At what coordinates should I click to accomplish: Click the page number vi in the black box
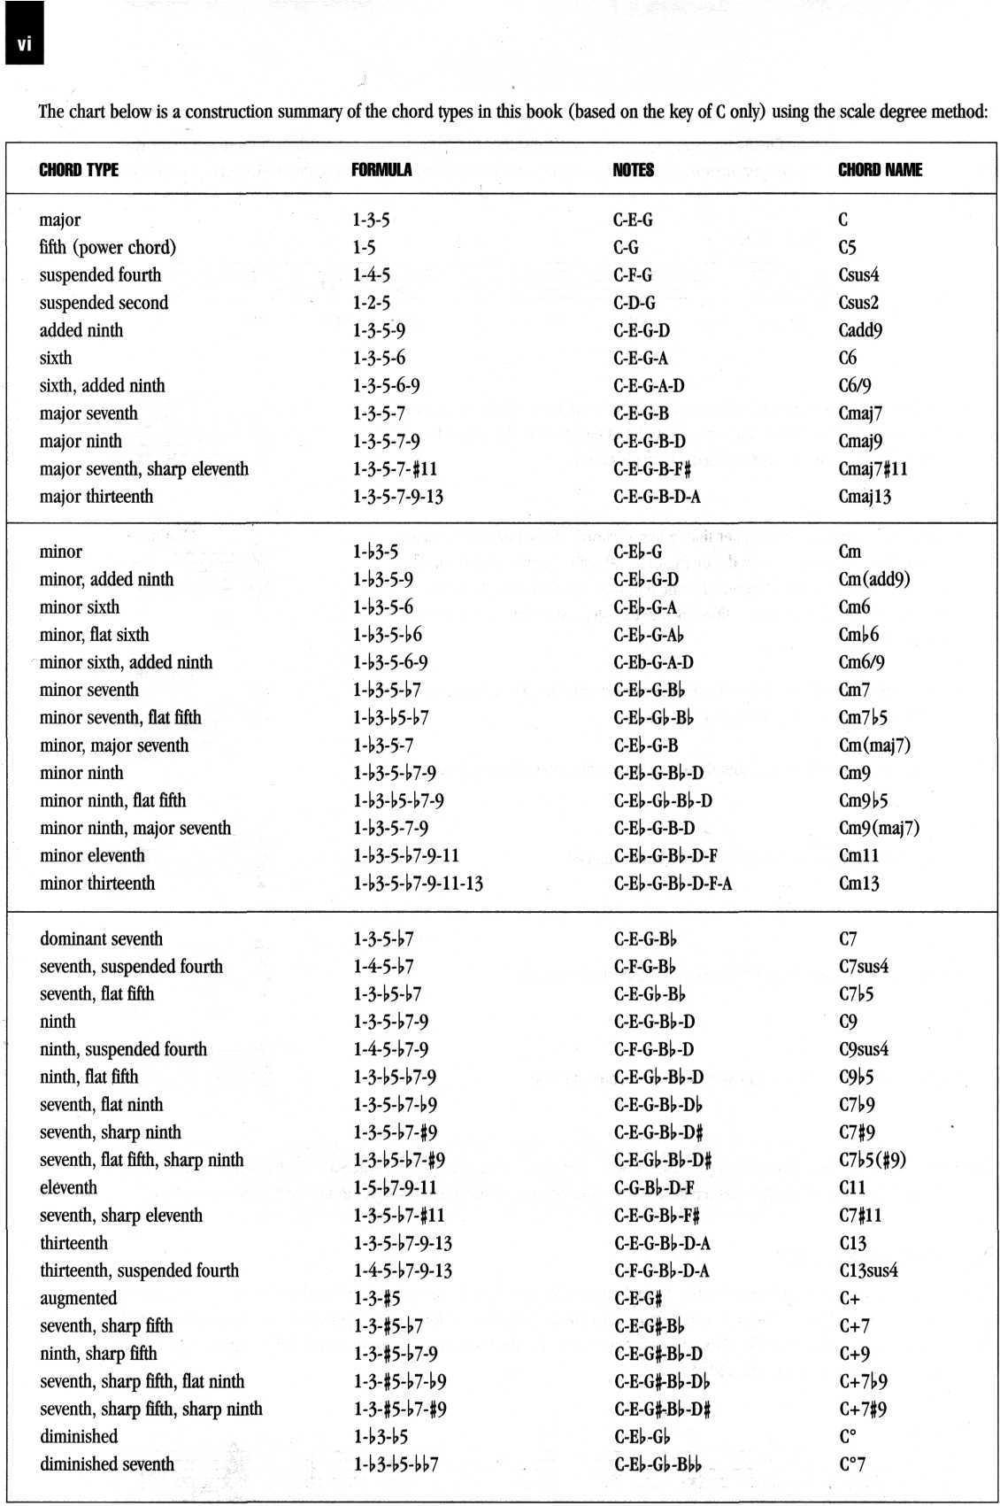[24, 45]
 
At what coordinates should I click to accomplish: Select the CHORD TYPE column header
[79, 170]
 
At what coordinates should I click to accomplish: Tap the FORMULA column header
[381, 170]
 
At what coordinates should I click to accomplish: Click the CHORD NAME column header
[880, 170]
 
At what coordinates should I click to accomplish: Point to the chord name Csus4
[858, 275]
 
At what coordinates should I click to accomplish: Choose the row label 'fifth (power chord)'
[107, 248]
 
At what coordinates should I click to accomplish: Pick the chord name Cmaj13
[865, 497]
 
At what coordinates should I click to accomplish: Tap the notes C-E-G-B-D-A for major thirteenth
[657, 497]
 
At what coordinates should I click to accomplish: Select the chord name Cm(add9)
[874, 580]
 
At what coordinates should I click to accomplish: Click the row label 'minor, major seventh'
[114, 745]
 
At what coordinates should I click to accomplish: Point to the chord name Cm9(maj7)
[879, 829]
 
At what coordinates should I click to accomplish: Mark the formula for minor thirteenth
[418, 884]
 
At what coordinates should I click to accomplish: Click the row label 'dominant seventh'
[101, 939]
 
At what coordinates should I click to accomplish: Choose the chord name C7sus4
[863, 967]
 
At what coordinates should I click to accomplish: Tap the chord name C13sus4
[868, 1271]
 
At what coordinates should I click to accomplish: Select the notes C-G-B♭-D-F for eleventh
[654, 1188]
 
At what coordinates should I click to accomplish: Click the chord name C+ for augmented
[849, 1299]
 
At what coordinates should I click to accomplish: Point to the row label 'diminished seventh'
[106, 1464]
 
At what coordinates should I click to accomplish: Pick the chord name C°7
[851, 1464]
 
